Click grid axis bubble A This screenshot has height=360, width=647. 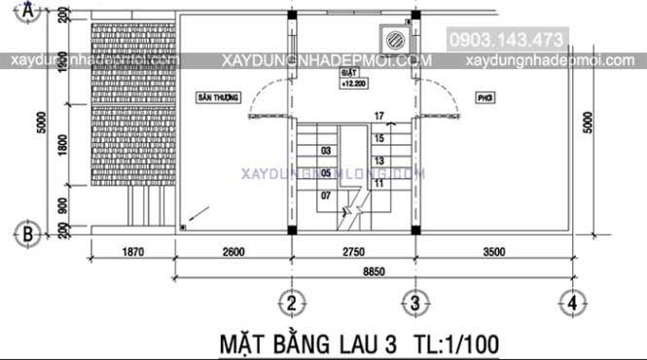[x=29, y=12]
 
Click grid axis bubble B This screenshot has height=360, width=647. [x=29, y=234]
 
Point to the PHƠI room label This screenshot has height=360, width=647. [x=485, y=99]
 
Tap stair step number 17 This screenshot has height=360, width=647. [x=378, y=117]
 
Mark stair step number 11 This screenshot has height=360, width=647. [x=378, y=182]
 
